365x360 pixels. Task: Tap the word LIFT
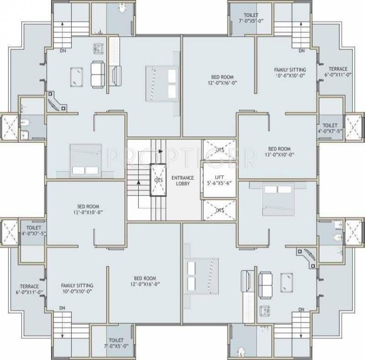[x=219, y=177]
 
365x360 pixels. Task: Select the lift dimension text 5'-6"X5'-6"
[x=219, y=184]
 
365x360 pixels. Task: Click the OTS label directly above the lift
[x=220, y=150]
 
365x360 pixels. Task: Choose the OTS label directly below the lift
[x=220, y=211]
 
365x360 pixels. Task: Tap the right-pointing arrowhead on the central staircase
[x=161, y=151]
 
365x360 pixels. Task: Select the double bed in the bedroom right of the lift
[x=278, y=200]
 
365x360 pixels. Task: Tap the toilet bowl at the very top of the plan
[x=123, y=8]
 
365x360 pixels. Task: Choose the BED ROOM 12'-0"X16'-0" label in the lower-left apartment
[x=145, y=281]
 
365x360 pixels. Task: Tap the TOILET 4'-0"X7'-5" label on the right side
[x=330, y=128]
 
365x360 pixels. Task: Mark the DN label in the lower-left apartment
[x=62, y=309]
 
